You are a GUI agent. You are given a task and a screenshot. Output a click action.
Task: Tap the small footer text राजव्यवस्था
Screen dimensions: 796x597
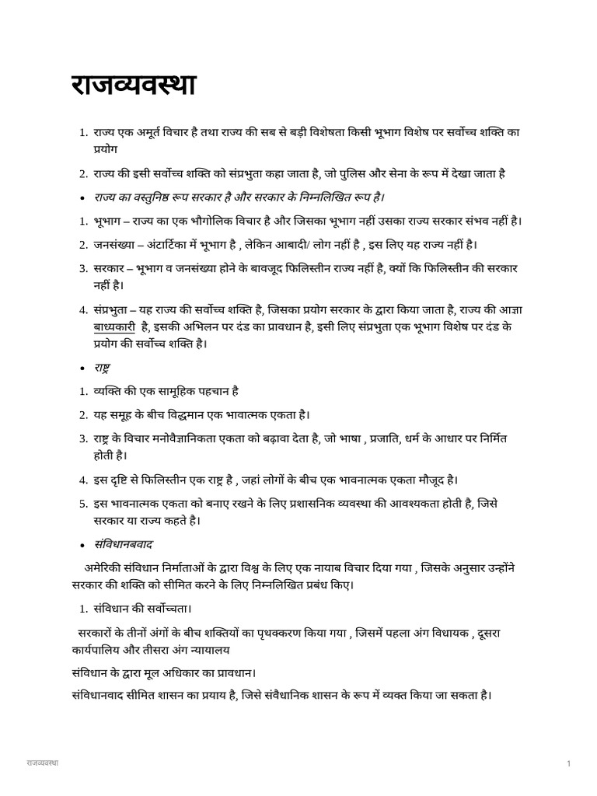[44, 763]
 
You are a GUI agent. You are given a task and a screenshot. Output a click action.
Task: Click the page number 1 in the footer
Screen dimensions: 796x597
[569, 764]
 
